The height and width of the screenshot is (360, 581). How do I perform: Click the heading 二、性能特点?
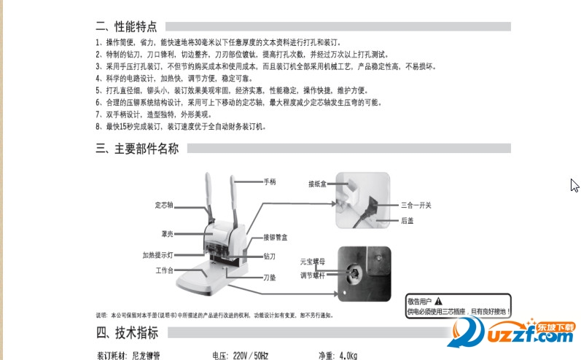pyautogui.click(x=126, y=27)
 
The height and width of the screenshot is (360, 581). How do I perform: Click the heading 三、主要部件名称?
pyautogui.click(x=137, y=149)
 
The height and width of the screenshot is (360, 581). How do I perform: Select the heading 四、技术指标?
pyautogui.click(x=126, y=333)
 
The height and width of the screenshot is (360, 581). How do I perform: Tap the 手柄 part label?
pyautogui.click(x=270, y=181)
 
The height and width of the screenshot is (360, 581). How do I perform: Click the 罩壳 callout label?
pyautogui.click(x=167, y=234)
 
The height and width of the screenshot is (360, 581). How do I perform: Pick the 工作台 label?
pyautogui.click(x=164, y=270)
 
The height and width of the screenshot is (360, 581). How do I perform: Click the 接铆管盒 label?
pyautogui.click(x=276, y=238)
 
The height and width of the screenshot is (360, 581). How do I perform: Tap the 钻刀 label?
pyautogui.click(x=270, y=257)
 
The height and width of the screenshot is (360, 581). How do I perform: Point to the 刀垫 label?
pyautogui.click(x=270, y=277)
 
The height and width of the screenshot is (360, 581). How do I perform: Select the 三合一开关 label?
pyautogui.click(x=416, y=205)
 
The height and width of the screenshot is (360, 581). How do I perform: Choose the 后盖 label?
pyautogui.click(x=408, y=220)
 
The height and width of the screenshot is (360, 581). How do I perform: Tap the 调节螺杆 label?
pyautogui.click(x=314, y=275)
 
